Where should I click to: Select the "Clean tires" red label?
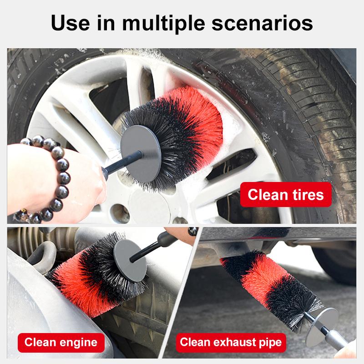pyautogui.click(x=286, y=195)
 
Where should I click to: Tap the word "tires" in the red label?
pyautogui.click(x=306, y=195)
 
